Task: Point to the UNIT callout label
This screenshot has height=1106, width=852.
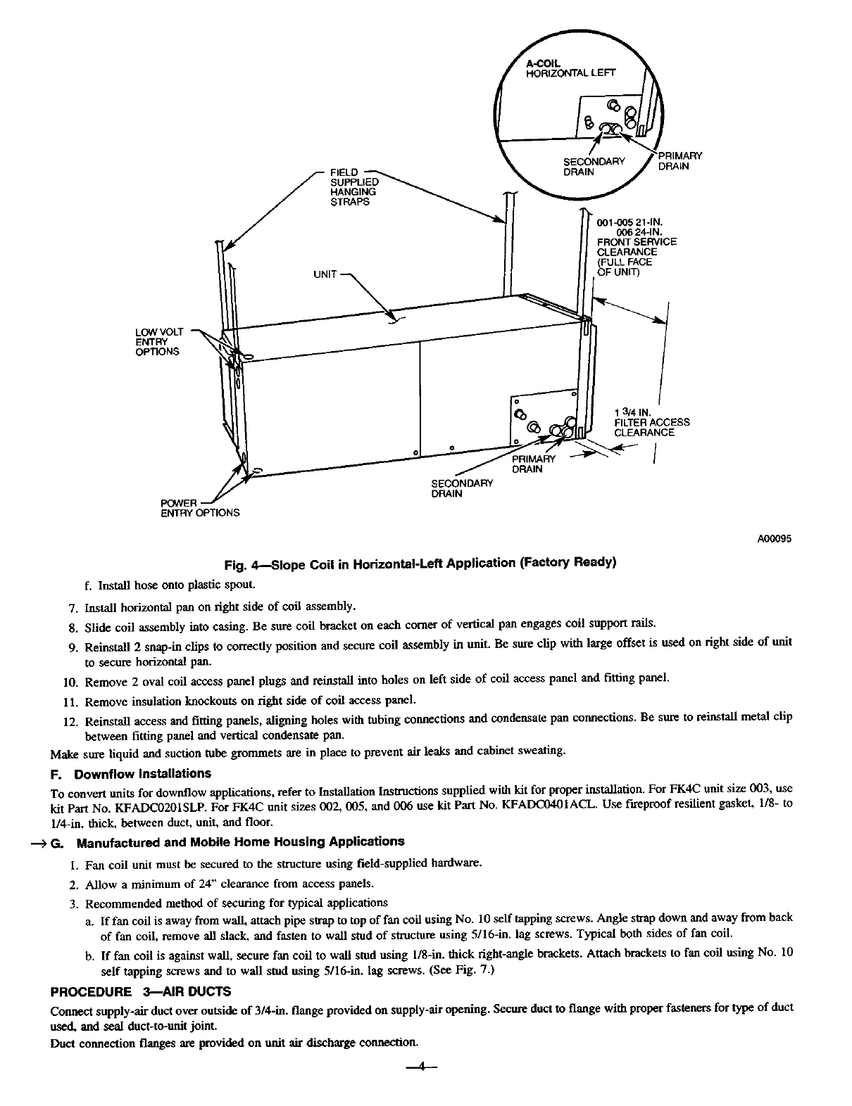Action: (326, 274)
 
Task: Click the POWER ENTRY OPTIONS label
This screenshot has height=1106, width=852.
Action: (201, 507)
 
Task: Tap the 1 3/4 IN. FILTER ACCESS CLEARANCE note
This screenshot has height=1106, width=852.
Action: (652, 422)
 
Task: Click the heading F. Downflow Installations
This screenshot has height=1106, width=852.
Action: (132, 774)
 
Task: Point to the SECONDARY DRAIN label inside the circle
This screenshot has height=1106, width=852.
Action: (594, 167)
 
